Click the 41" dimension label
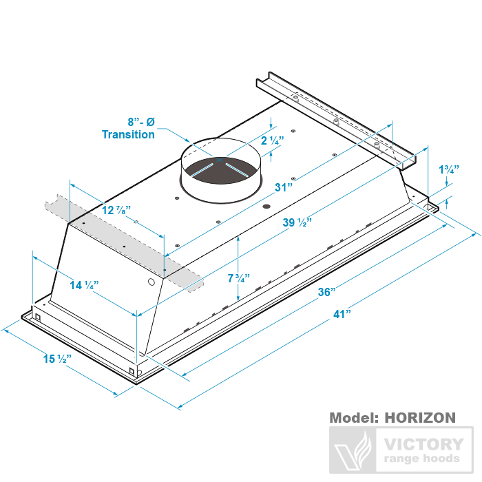tap(342, 314)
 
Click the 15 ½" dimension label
tap(58, 359)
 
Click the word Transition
tap(128, 134)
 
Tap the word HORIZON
tap(419, 418)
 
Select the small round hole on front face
tap(151, 283)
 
